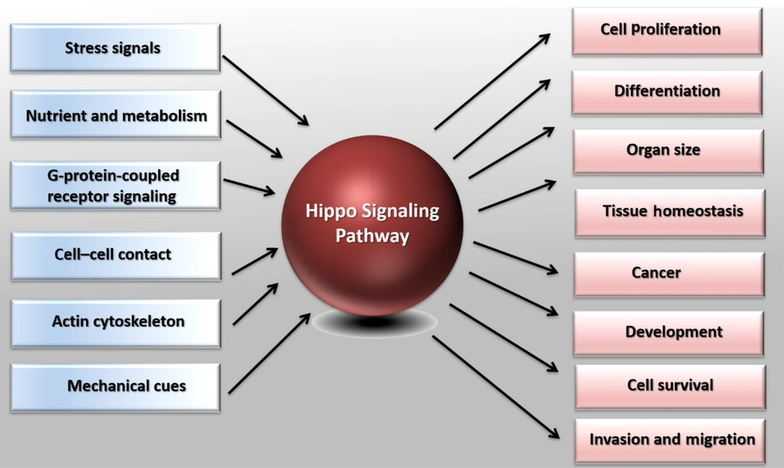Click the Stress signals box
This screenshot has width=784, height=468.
[x=115, y=48]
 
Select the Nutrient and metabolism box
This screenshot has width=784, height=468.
[x=115, y=115]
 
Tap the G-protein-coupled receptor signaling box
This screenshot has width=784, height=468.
[x=115, y=186]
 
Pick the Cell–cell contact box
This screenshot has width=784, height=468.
[x=116, y=256]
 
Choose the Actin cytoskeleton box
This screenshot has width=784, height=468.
[x=115, y=323]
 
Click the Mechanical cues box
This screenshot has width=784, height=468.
[x=115, y=387]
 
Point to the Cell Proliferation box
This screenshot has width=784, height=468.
[x=667, y=31]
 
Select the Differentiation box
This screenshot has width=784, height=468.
[x=667, y=93]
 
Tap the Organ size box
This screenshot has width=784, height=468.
[x=669, y=151]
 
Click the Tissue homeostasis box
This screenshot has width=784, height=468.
[x=670, y=212]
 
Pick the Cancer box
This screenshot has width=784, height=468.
[x=670, y=274]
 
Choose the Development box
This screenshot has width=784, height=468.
[x=669, y=333]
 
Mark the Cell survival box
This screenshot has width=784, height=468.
[x=670, y=386]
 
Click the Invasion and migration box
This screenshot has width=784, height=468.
[x=670, y=441]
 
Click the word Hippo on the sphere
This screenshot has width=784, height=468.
[x=331, y=212]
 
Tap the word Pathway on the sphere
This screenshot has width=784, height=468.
[x=372, y=235]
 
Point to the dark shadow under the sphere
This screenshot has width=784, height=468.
[x=375, y=322]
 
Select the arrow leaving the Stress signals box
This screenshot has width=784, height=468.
[x=266, y=90]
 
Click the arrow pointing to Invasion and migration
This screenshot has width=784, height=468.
[x=496, y=387]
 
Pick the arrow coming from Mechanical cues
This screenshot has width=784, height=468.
[x=270, y=353]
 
